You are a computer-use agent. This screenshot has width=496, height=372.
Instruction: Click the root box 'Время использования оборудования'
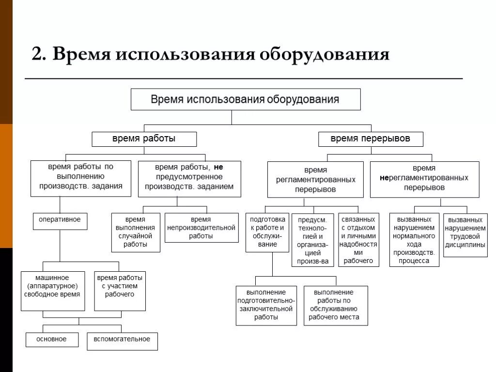coord(246,99)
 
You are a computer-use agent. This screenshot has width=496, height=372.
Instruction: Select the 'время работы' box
coord(144,139)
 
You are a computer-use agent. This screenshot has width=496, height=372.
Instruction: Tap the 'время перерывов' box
coord(371,139)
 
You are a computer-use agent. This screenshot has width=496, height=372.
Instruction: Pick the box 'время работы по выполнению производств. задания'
coord(81,178)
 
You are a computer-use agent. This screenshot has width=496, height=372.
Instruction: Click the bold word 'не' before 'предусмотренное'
coord(218,167)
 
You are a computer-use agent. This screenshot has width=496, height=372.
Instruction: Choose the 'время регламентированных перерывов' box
coord(315,180)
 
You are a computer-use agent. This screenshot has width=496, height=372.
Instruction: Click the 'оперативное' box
coord(60,221)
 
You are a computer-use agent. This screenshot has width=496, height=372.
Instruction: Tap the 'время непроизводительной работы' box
coord(201,228)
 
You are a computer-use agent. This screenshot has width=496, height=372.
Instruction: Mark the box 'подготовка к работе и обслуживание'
coord(267,232)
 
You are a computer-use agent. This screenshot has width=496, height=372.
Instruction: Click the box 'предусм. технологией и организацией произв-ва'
coord(313,240)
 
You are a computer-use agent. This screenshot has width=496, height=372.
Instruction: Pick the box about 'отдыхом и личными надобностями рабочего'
coord(358,240)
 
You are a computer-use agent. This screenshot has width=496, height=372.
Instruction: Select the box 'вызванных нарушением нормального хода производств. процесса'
coord(414,240)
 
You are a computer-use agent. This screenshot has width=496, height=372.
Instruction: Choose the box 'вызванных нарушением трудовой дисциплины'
coord(465,234)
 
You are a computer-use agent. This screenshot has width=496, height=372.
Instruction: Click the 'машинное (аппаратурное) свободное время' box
coord(54,291)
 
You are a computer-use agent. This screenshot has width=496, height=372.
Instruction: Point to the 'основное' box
coord(52,340)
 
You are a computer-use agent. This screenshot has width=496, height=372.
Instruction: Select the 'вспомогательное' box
coord(122,341)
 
